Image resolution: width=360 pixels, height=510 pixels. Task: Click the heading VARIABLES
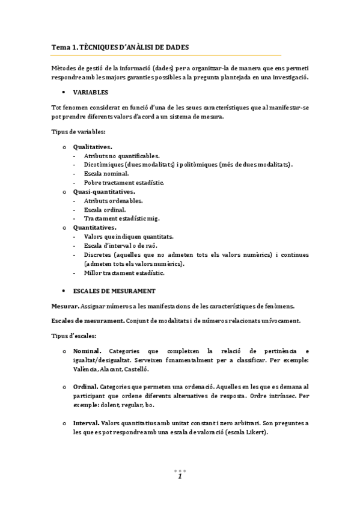click(x=90, y=93)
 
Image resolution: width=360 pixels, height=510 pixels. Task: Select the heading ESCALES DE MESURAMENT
click(x=114, y=290)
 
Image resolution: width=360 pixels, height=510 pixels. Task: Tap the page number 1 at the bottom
click(x=180, y=476)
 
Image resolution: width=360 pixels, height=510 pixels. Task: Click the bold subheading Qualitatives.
click(x=93, y=146)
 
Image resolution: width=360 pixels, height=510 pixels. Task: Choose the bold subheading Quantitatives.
click(x=94, y=228)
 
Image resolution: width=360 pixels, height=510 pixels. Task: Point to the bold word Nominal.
click(x=87, y=351)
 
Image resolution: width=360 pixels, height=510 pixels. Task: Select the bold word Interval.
click(x=87, y=423)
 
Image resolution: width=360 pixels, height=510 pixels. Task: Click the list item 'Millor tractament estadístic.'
click(x=124, y=272)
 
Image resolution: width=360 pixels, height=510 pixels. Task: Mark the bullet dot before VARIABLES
click(x=64, y=93)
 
